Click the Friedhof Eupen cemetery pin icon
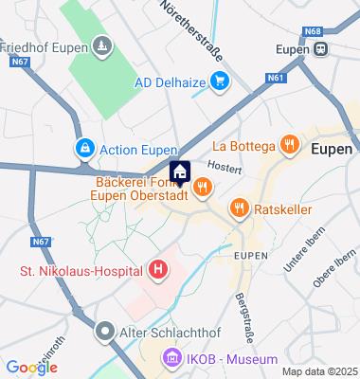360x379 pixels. (x=101, y=45)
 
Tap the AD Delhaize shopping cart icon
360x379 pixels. (x=220, y=81)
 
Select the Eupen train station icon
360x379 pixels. (x=322, y=48)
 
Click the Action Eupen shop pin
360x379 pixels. (x=85, y=149)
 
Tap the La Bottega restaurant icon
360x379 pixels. (x=289, y=146)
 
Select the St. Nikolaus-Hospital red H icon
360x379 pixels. (x=157, y=272)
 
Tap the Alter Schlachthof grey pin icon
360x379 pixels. (x=104, y=332)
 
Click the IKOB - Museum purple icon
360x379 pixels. (x=172, y=359)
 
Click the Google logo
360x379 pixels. (x=31, y=367)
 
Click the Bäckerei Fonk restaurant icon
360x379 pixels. (x=201, y=190)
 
